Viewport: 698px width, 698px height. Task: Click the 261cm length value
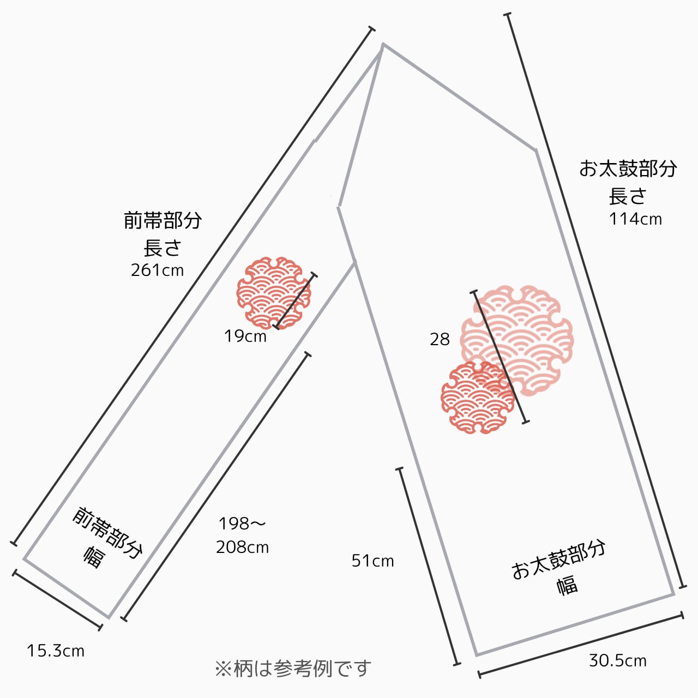point(157,270)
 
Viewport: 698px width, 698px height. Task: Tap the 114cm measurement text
point(635,219)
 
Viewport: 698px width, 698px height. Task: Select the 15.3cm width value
point(56,651)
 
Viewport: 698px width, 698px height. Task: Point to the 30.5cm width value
point(617,661)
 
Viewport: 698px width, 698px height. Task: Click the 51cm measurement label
point(372,561)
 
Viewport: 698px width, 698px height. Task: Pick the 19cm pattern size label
point(245,336)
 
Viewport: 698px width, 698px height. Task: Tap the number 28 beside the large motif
point(440,340)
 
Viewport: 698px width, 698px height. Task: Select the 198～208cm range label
point(242,535)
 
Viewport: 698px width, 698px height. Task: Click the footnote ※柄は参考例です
point(293,669)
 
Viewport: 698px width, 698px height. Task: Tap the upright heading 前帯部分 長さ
point(163,233)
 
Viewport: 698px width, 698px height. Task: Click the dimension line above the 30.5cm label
point(581,646)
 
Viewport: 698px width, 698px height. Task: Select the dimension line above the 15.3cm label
point(57,599)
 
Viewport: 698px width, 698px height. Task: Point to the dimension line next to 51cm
point(429,567)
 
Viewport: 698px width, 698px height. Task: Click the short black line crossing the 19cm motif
point(295,301)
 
